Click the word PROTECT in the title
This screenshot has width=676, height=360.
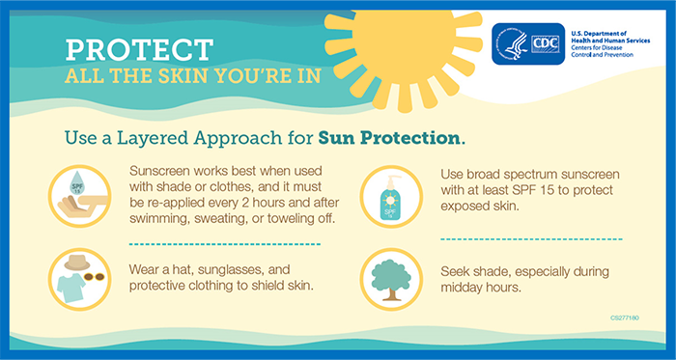click(139, 51)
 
